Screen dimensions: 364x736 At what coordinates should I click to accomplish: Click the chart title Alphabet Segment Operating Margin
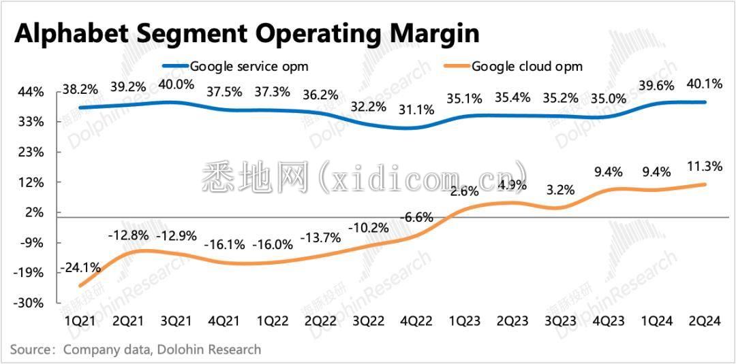coord(247,33)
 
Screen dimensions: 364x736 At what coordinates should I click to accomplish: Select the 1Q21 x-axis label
coord(79,320)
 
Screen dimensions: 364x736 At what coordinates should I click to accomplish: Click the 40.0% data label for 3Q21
coord(177,85)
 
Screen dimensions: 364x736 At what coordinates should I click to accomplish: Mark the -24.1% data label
coord(80,268)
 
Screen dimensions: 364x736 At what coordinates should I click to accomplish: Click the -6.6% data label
coord(416,218)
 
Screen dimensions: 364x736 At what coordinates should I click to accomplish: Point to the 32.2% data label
coord(369,107)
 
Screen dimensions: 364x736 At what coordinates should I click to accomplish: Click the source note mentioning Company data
coord(136,350)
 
